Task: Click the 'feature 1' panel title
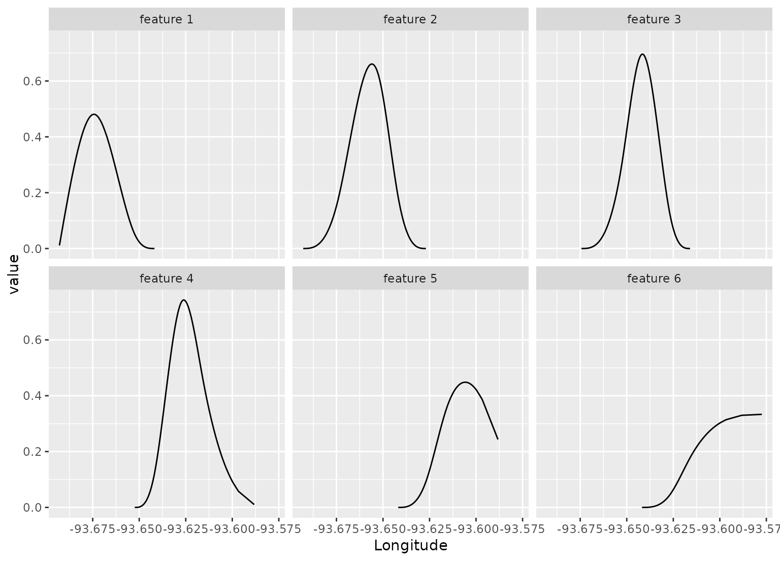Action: [x=167, y=20]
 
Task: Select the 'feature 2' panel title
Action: [x=410, y=20]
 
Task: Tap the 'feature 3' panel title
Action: [x=654, y=20]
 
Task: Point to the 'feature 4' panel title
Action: [x=167, y=279]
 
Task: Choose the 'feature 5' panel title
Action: [x=410, y=279]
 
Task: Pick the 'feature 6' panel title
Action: [x=654, y=279]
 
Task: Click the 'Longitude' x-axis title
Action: [x=410, y=546]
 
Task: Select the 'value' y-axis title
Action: [x=14, y=274]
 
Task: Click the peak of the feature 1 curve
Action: [x=94, y=114]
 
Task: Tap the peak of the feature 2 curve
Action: [x=372, y=64]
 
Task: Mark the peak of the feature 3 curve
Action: [x=643, y=54]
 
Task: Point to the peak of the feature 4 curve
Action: [x=183, y=300]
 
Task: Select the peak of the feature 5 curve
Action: [x=465, y=382]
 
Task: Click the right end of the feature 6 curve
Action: [x=761, y=414]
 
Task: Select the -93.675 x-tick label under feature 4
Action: [x=93, y=529]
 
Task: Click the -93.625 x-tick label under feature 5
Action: [x=430, y=529]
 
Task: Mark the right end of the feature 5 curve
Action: [x=498, y=439]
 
